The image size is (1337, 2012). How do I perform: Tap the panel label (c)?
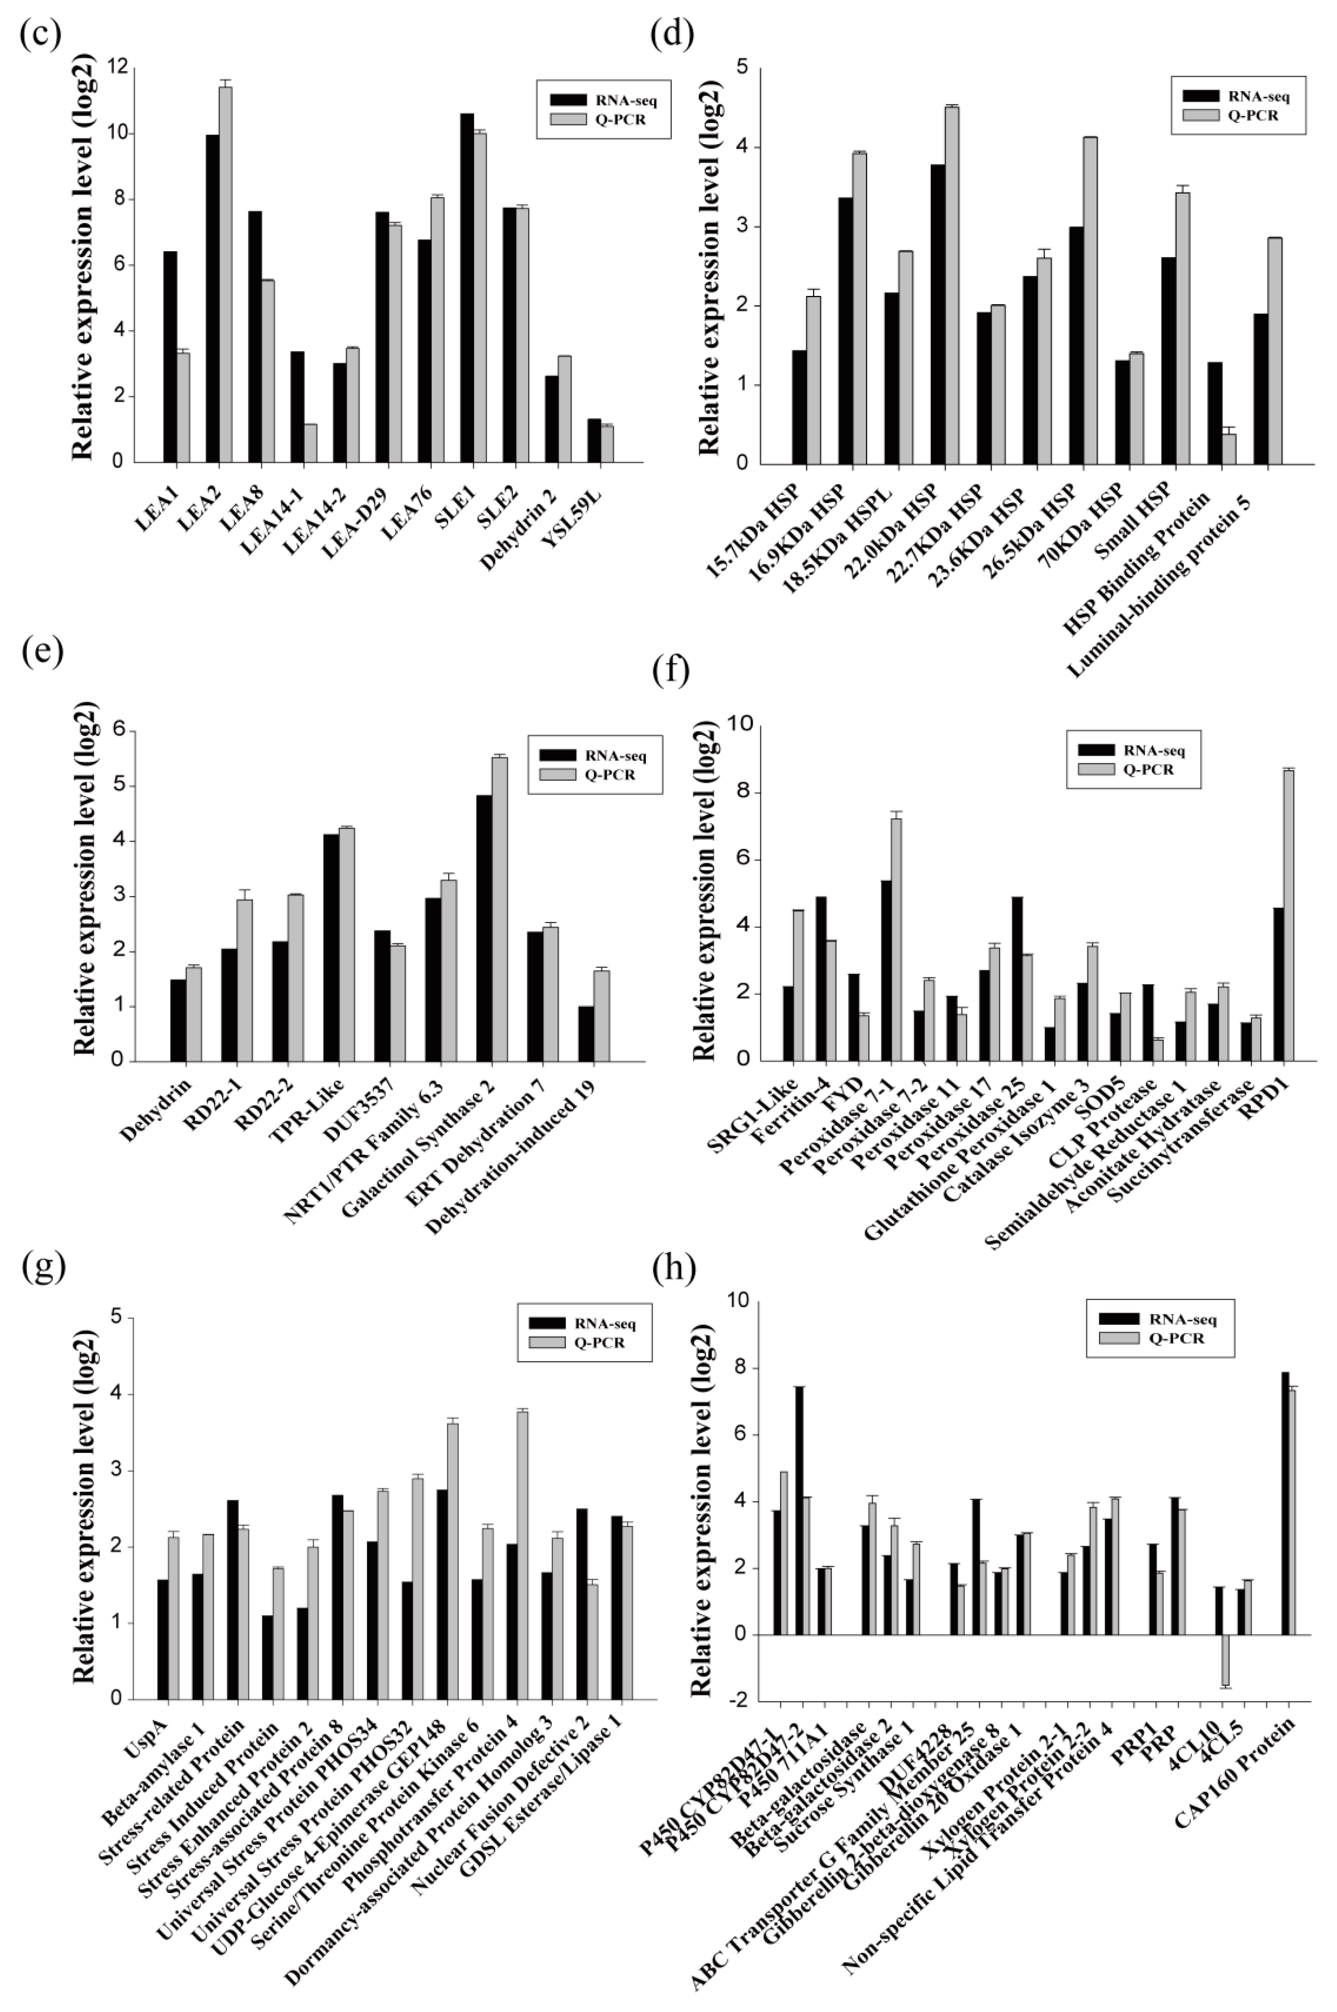point(40,34)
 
